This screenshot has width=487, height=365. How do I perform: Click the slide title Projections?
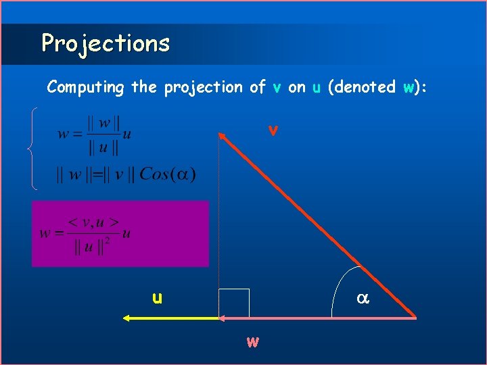pos(105,43)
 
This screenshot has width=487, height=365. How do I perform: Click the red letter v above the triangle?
pos(272,130)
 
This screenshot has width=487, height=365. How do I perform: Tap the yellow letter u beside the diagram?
pos(157,297)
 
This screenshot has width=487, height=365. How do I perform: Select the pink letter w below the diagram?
pos(252,341)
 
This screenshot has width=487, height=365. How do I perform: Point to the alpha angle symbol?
pos(362,297)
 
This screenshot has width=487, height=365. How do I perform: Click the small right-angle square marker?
pos(234,303)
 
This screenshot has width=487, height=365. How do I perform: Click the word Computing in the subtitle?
pos(85,87)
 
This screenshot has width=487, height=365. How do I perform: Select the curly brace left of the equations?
pos(33,148)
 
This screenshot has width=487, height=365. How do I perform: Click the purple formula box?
pos(120,233)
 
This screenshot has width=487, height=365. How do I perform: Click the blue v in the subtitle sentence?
pos(277,87)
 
